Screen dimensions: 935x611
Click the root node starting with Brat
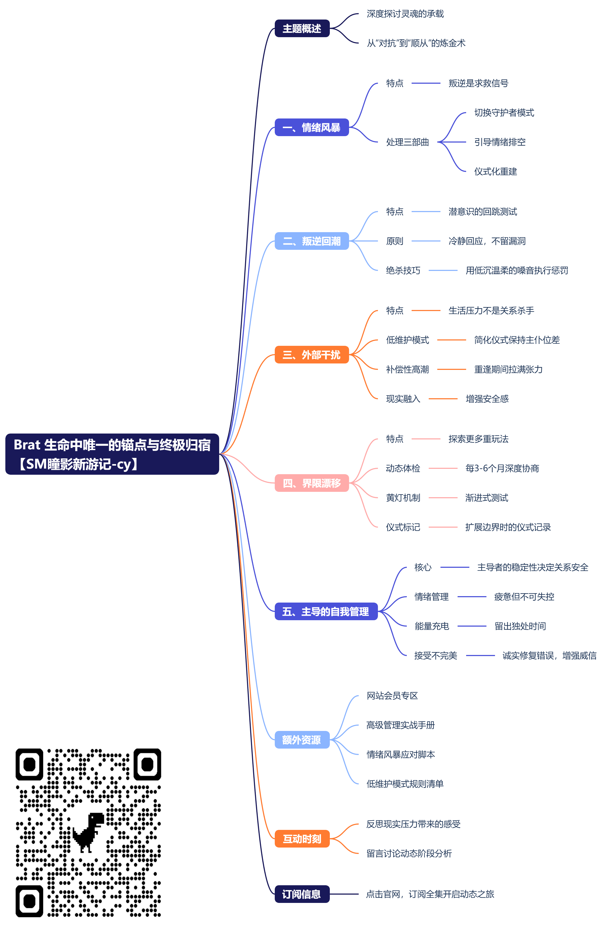112,454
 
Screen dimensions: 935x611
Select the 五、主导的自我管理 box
326,611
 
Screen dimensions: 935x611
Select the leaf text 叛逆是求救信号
478,83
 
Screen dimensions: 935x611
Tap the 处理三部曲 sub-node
407,142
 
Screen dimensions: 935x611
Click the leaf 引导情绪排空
500,142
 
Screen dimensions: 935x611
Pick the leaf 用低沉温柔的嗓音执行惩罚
516,270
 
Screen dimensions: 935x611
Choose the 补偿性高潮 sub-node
407,369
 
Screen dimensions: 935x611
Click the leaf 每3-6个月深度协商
502,468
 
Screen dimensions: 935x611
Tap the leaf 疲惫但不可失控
524,597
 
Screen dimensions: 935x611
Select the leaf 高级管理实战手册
400,725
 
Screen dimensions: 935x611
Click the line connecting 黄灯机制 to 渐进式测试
443,498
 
